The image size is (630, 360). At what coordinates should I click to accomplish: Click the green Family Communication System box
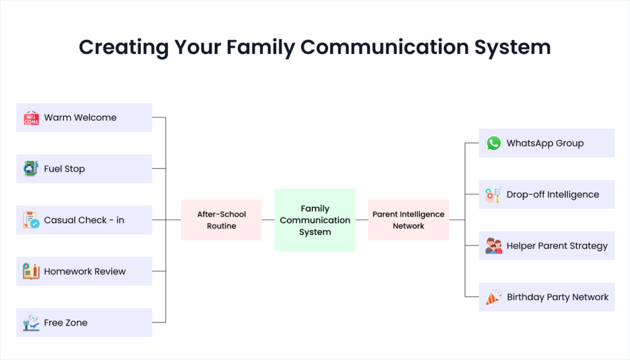314,220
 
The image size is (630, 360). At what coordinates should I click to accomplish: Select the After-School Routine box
221,220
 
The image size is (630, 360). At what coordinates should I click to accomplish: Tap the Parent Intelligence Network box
409,220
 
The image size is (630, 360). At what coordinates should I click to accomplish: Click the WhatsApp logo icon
493,143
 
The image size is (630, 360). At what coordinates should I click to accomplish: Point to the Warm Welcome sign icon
31,118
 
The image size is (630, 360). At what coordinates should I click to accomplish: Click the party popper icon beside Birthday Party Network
493,297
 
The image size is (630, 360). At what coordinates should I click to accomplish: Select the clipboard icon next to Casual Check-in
31,220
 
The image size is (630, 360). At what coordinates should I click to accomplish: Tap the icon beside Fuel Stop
31,169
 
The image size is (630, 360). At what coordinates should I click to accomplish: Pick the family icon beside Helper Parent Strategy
493,246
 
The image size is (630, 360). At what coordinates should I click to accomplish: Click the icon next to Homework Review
31,271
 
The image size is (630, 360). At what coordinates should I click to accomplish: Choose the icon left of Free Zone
31,322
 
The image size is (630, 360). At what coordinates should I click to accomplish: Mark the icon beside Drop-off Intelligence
493,194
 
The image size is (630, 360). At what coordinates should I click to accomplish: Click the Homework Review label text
85,271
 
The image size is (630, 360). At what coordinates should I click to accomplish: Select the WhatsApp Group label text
545,143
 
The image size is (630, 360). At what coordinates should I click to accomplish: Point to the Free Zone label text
66,323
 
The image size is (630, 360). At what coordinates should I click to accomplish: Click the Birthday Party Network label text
557,297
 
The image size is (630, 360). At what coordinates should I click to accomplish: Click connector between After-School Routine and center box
268,220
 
